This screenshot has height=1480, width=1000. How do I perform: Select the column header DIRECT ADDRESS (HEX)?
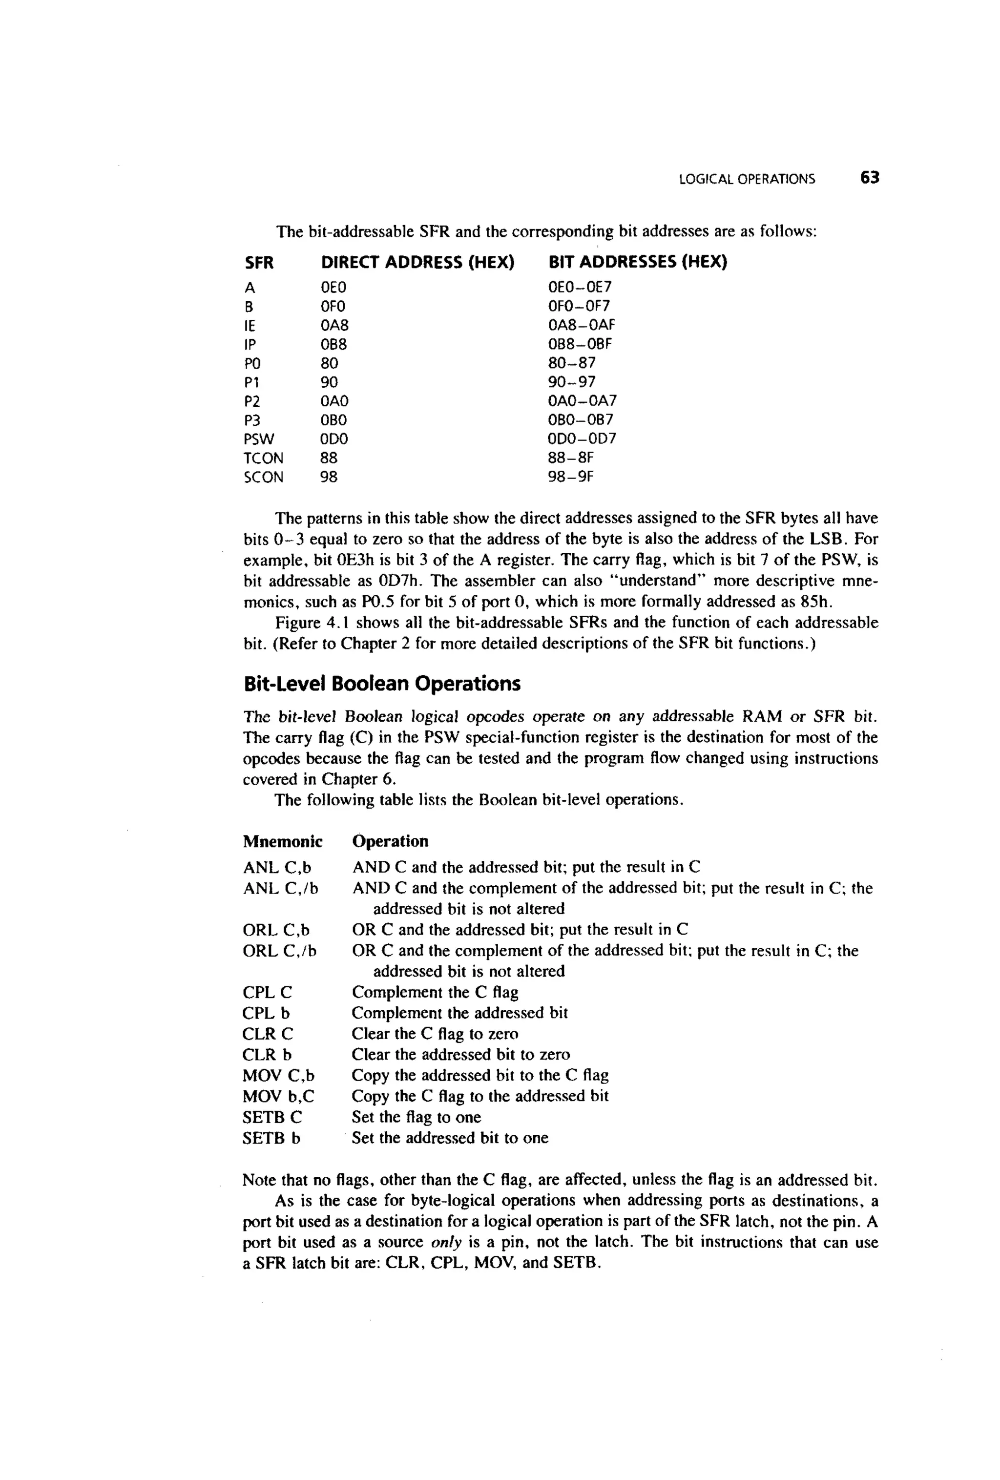click(x=417, y=262)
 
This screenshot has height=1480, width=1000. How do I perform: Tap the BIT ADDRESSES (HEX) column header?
click(x=637, y=262)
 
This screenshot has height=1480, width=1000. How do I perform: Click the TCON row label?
click(x=263, y=459)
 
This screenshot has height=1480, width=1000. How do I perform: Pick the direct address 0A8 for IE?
click(x=334, y=325)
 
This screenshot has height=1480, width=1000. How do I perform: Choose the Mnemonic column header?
click(x=282, y=841)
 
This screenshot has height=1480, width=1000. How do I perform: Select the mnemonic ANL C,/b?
click(x=280, y=888)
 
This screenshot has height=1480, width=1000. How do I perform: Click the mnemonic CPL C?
click(x=267, y=992)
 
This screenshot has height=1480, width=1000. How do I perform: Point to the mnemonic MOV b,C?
click(x=278, y=1096)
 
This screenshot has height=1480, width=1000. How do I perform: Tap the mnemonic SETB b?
click(x=271, y=1138)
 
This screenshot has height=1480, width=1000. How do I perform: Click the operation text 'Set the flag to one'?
click(x=416, y=1117)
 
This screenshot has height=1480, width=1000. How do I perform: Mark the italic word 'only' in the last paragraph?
click(x=446, y=1243)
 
